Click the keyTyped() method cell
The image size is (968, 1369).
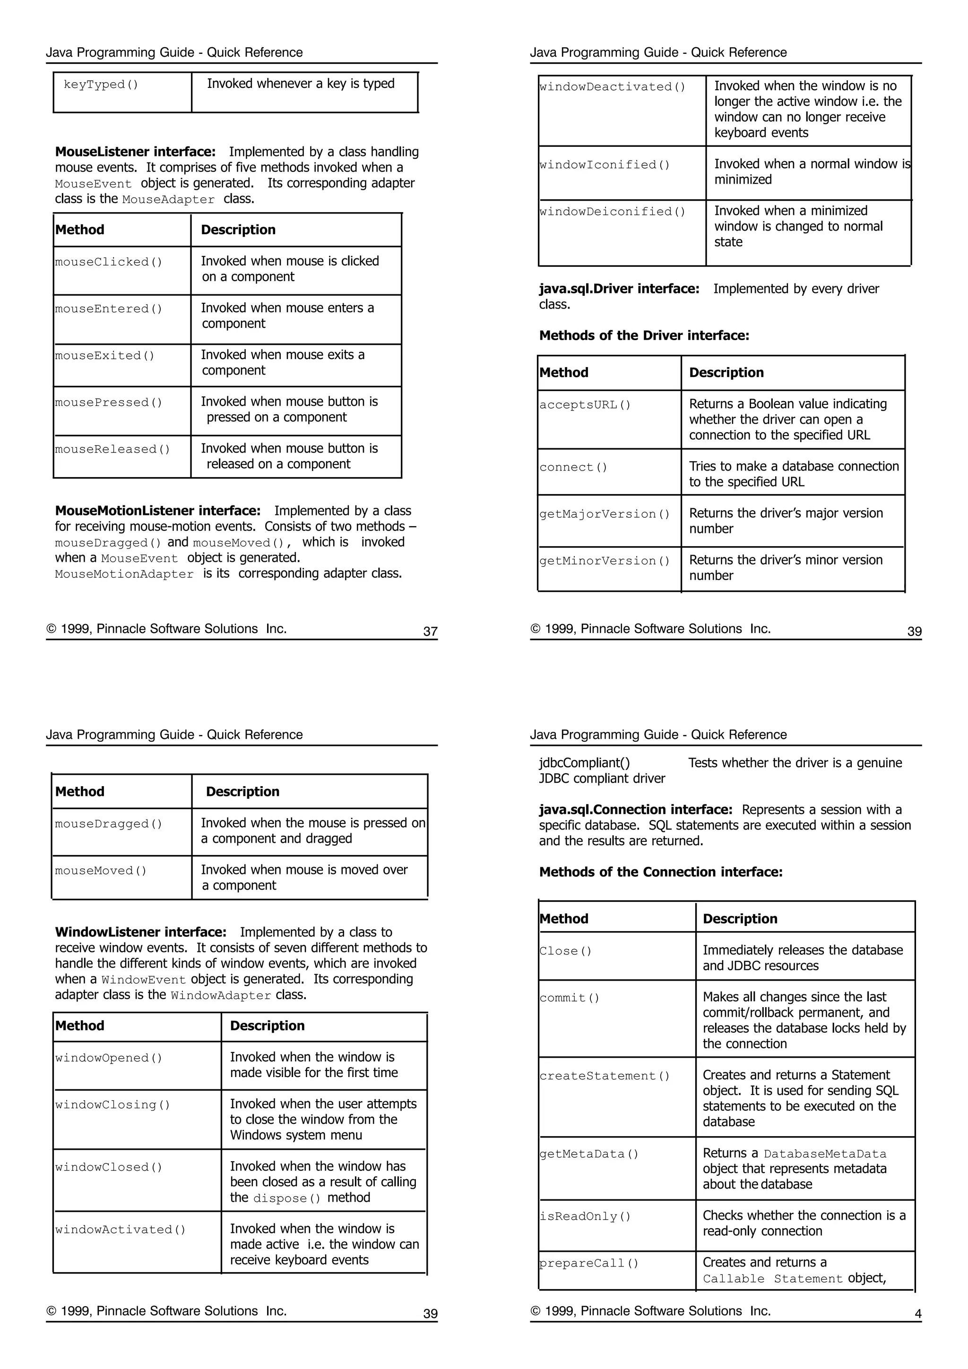click(101, 85)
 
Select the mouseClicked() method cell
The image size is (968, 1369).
click(109, 262)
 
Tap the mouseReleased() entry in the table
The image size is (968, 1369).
click(112, 450)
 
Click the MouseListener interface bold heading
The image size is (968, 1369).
click(135, 152)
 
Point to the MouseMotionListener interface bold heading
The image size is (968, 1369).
click(157, 511)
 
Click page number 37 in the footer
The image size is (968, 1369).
click(430, 632)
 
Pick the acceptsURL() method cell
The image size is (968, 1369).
click(585, 405)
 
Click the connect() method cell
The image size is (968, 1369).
click(573, 468)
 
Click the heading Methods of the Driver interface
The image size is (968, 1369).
click(644, 336)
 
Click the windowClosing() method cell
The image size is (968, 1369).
click(112, 1105)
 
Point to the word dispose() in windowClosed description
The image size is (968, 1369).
click(286, 1198)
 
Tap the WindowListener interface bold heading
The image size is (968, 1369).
click(141, 933)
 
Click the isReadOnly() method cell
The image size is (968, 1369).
click(585, 1217)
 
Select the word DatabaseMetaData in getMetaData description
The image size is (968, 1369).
click(825, 1155)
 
